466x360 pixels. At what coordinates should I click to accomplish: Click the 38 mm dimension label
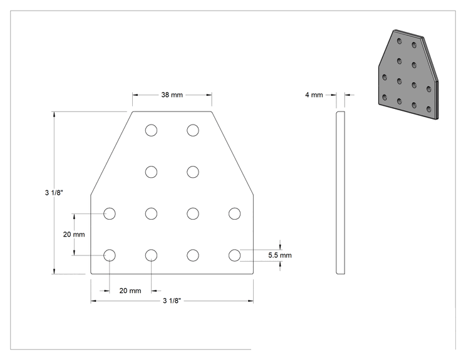[172, 95]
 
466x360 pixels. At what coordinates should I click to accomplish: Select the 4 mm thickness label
[314, 95]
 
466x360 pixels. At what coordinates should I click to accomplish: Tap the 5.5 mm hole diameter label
[279, 255]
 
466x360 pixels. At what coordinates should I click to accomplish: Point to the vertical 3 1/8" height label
[54, 192]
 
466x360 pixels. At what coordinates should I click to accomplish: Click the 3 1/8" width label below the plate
[172, 301]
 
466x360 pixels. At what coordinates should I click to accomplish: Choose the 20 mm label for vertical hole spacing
[74, 234]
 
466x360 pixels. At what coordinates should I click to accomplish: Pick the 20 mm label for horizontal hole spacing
[130, 291]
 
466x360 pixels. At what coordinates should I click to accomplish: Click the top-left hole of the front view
[152, 130]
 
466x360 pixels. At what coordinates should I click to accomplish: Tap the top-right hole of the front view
[193, 130]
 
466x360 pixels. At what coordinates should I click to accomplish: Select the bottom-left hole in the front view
[110, 255]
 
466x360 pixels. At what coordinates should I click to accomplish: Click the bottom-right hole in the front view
[234, 255]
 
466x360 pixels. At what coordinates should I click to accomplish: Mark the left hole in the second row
[152, 172]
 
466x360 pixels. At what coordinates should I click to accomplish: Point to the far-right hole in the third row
[234, 213]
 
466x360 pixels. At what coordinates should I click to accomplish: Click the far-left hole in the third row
[110, 213]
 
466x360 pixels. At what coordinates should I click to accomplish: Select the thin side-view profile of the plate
[341, 193]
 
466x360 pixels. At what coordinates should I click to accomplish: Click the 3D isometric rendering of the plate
[408, 75]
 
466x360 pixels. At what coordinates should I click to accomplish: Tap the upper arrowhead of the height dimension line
[54, 115]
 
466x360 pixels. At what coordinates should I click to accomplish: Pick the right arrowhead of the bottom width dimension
[251, 301]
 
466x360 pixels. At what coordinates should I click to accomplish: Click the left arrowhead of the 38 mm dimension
[135, 95]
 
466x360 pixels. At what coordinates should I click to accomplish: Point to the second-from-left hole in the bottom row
[152, 255]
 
